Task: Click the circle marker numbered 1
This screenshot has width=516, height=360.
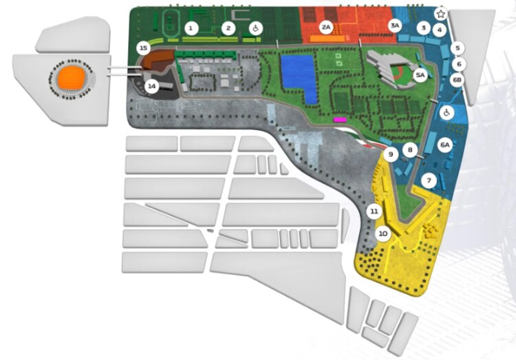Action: (x=191, y=28)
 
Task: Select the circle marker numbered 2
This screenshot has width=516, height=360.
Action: (x=228, y=28)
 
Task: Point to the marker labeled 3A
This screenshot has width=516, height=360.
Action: (x=394, y=25)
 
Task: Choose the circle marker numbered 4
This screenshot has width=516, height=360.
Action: (x=440, y=30)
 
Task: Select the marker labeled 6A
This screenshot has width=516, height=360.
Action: (x=445, y=145)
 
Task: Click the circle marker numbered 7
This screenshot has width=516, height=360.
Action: (x=429, y=181)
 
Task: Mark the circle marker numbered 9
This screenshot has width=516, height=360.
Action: (x=391, y=155)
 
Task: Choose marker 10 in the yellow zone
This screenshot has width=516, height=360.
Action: (x=383, y=233)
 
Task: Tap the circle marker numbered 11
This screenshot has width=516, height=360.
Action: (x=374, y=211)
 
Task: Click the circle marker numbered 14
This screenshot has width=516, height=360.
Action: (x=151, y=86)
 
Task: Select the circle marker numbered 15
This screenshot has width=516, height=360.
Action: (x=143, y=48)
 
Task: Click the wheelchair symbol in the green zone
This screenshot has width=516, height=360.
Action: (x=255, y=28)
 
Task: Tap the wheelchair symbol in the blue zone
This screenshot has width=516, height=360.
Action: (x=447, y=112)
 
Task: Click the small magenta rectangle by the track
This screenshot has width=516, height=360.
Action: (x=339, y=120)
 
